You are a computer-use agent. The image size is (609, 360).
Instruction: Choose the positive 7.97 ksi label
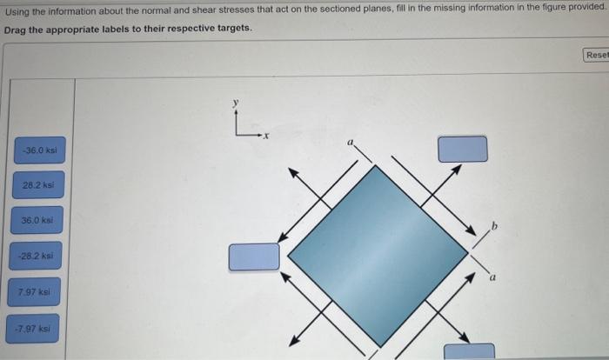(x=36, y=293)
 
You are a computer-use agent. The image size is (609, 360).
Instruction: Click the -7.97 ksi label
(x=36, y=328)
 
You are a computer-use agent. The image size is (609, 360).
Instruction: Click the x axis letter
(x=267, y=137)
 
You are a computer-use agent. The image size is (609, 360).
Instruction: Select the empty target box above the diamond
(x=462, y=149)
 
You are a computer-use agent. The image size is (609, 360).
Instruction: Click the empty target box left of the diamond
(x=254, y=257)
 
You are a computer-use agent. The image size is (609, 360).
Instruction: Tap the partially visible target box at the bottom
(x=469, y=351)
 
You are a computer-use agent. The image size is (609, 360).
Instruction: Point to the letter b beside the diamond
(x=494, y=226)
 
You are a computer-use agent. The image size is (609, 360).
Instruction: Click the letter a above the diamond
(x=350, y=141)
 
